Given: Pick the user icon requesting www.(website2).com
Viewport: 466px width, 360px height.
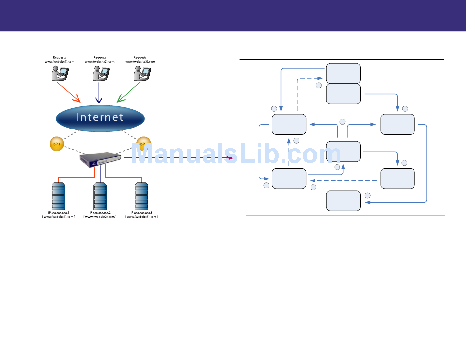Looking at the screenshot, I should [x=100, y=74].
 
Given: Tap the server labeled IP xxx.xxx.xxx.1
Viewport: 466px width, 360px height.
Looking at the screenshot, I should [x=59, y=196].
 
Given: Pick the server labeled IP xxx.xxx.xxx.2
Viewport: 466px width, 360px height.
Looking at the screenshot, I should [x=100, y=196].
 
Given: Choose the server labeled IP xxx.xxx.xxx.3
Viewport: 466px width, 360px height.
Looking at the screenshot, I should [x=141, y=196].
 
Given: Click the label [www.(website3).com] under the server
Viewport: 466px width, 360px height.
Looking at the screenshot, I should [x=141, y=216].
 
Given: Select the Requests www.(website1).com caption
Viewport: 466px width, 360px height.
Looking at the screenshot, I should [x=59, y=60].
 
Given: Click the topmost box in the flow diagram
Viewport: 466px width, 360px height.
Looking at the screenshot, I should [x=343, y=73].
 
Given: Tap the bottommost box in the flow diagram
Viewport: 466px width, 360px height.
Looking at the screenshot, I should [x=343, y=201].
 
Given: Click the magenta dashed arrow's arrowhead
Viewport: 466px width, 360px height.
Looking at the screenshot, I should [x=230, y=158].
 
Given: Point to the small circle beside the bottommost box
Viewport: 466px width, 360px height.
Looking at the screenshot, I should [x=368, y=196].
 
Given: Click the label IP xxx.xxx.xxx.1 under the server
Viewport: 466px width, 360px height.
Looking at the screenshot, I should [x=59, y=213].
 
